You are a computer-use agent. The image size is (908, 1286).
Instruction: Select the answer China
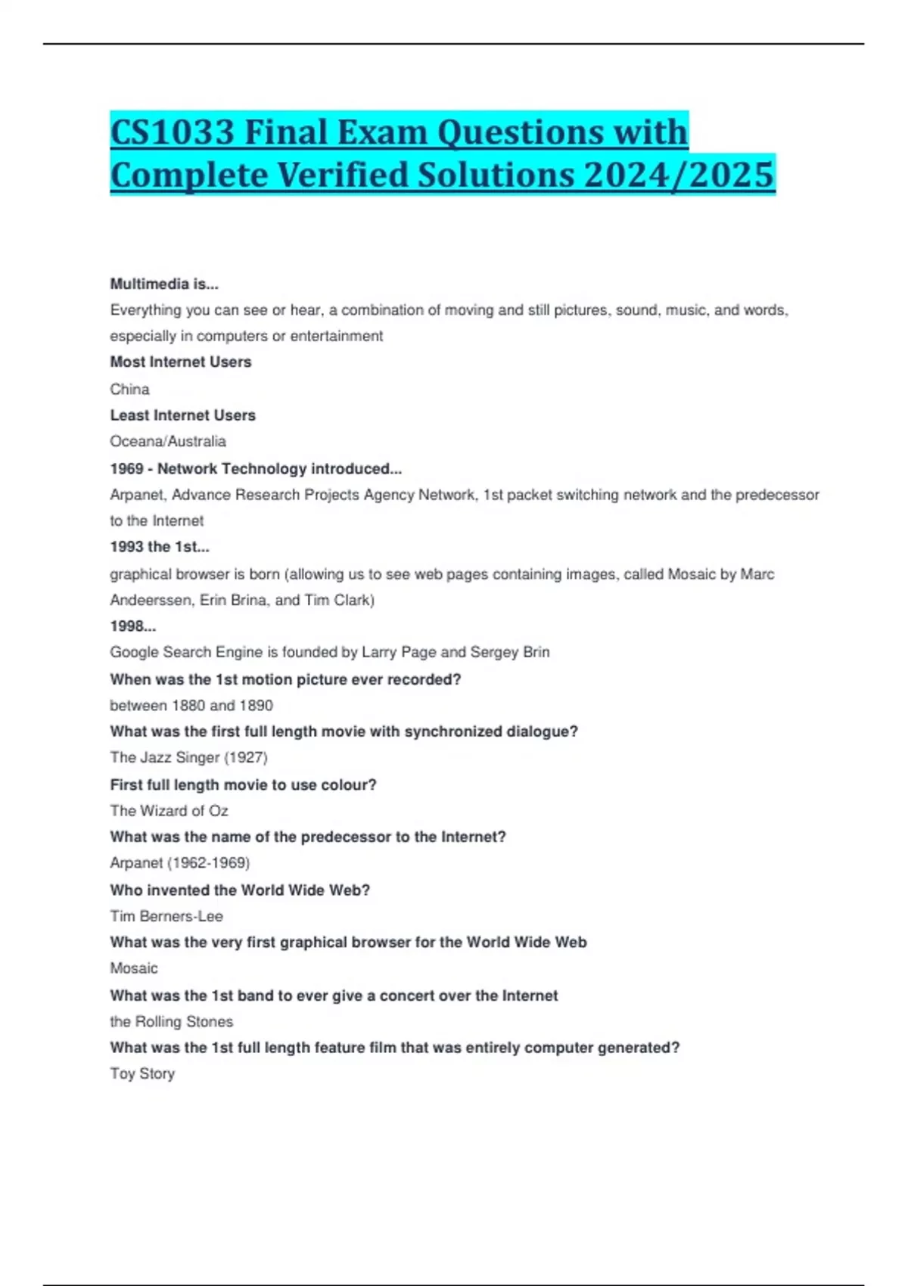tap(129, 390)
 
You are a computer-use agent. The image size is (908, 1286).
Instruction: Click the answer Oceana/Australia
tap(168, 441)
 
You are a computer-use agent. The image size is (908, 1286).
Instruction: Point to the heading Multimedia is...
tap(163, 284)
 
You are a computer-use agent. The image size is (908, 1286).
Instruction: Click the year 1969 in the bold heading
tap(126, 469)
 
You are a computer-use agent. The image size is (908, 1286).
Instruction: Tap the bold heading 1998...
tap(132, 626)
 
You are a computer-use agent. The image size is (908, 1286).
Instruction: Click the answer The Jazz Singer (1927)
tap(188, 757)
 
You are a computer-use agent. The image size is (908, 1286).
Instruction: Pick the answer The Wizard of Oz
tap(169, 811)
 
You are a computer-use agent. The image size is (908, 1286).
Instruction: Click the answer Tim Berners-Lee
tap(166, 916)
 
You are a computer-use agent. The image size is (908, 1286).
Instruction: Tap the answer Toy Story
tap(142, 1073)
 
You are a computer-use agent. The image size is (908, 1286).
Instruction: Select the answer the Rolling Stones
tap(171, 1021)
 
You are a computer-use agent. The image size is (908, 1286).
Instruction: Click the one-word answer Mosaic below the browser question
tap(134, 968)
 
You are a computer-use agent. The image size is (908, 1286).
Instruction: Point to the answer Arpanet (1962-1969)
tap(179, 863)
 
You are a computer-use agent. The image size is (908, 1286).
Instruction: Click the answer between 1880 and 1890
tap(191, 705)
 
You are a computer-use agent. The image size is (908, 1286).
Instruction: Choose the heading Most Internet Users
tap(180, 362)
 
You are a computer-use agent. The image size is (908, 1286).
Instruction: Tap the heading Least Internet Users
tap(182, 415)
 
